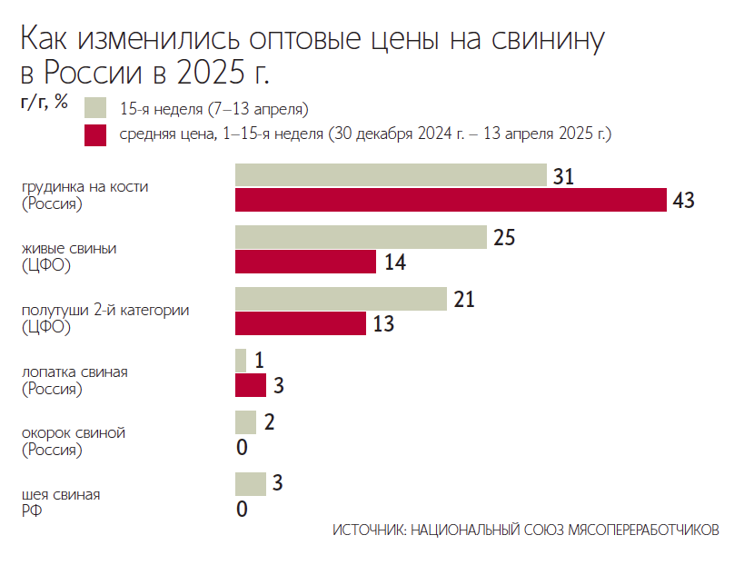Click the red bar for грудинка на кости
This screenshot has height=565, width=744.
click(451, 200)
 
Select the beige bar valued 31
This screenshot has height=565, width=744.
click(391, 175)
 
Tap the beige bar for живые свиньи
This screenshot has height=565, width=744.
click(361, 237)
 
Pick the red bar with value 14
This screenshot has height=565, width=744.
click(305, 262)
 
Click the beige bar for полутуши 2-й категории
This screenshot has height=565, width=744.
click(341, 299)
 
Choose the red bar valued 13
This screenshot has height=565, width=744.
click(301, 323)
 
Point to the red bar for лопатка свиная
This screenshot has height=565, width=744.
click(251, 385)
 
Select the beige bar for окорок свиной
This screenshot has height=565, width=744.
click(245, 422)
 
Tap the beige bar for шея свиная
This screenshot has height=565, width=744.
click(251, 484)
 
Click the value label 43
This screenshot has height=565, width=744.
click(684, 201)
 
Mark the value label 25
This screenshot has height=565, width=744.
click(505, 238)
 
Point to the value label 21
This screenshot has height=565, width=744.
click(465, 300)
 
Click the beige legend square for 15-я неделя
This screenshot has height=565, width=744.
click(96, 109)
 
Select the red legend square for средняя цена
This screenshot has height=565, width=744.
click(96, 134)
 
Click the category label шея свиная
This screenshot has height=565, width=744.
click(61, 495)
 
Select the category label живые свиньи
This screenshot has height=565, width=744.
click(69, 248)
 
